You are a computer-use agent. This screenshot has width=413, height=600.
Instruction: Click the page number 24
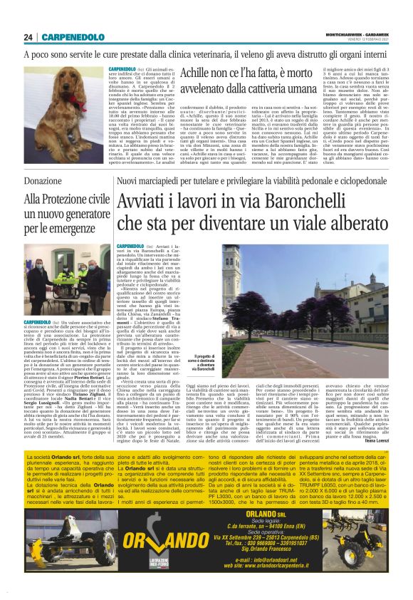[x=28, y=37]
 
